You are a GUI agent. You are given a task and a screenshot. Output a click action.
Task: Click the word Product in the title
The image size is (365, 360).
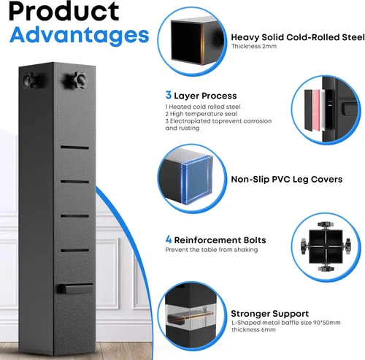click(64, 12)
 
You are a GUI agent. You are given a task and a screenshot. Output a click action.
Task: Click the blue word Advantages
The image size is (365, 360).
click(79, 35)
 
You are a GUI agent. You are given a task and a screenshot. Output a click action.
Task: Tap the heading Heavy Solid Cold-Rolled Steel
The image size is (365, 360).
click(298, 37)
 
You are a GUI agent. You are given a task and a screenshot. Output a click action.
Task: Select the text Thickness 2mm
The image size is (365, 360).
click(254, 46)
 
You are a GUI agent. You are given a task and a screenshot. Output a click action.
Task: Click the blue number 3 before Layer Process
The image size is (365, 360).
click(169, 95)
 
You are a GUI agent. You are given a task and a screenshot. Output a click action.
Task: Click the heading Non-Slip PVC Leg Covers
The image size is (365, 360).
click(286, 180)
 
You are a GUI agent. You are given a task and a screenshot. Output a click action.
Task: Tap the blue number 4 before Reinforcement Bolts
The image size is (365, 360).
click(169, 240)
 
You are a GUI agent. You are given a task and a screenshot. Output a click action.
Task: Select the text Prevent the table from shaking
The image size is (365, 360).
click(212, 250)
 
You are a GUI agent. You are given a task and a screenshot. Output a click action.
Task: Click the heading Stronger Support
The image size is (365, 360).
click(269, 313)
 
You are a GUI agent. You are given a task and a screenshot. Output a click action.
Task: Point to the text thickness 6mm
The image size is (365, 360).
click(253, 330)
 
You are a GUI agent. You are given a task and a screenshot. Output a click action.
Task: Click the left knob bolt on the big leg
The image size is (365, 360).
click(30, 80)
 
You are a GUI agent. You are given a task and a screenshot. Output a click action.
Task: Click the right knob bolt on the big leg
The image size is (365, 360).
click(76, 80)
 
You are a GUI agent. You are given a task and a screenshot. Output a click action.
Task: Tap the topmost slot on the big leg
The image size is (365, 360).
click(74, 148)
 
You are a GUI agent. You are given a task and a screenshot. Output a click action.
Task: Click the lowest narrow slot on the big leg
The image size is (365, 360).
click(74, 250)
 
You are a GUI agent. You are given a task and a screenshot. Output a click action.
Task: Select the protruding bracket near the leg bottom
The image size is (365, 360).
click(75, 288)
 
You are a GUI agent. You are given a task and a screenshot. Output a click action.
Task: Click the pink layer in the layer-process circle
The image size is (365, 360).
click(315, 110)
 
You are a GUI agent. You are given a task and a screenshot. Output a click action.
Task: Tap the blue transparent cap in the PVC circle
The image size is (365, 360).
click(197, 179)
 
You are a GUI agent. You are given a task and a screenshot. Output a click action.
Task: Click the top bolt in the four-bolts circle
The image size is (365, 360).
click(326, 225)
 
